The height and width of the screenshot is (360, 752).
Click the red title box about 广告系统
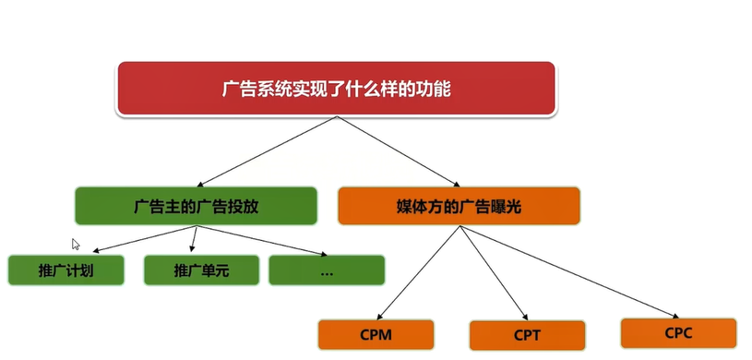coord(336,89)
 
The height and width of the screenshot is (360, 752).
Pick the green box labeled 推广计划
coord(66,270)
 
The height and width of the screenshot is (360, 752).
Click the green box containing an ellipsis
coord(327,270)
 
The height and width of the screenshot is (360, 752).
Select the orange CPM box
coord(376,335)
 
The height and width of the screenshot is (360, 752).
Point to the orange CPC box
coord(678,332)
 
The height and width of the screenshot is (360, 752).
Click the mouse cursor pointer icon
coord(76,245)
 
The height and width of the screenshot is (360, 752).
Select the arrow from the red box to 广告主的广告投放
coord(268,151)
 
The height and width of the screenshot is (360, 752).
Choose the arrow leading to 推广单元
coord(193,239)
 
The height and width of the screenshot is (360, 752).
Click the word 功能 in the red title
coord(436,89)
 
